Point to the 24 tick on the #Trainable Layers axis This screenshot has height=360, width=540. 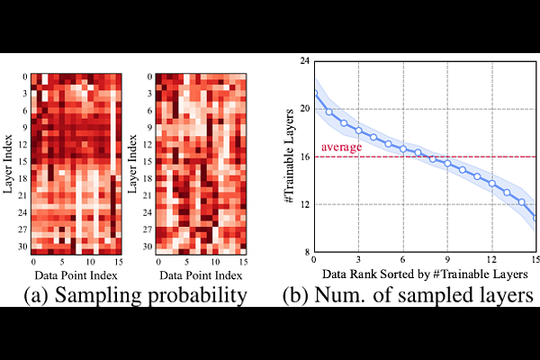304,60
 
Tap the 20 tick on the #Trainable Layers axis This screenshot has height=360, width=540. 304,108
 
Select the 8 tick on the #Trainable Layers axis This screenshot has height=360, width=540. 306,252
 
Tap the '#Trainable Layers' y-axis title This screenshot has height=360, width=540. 290,157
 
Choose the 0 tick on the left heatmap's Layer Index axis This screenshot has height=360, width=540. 25,77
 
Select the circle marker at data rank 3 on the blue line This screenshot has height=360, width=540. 359,130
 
